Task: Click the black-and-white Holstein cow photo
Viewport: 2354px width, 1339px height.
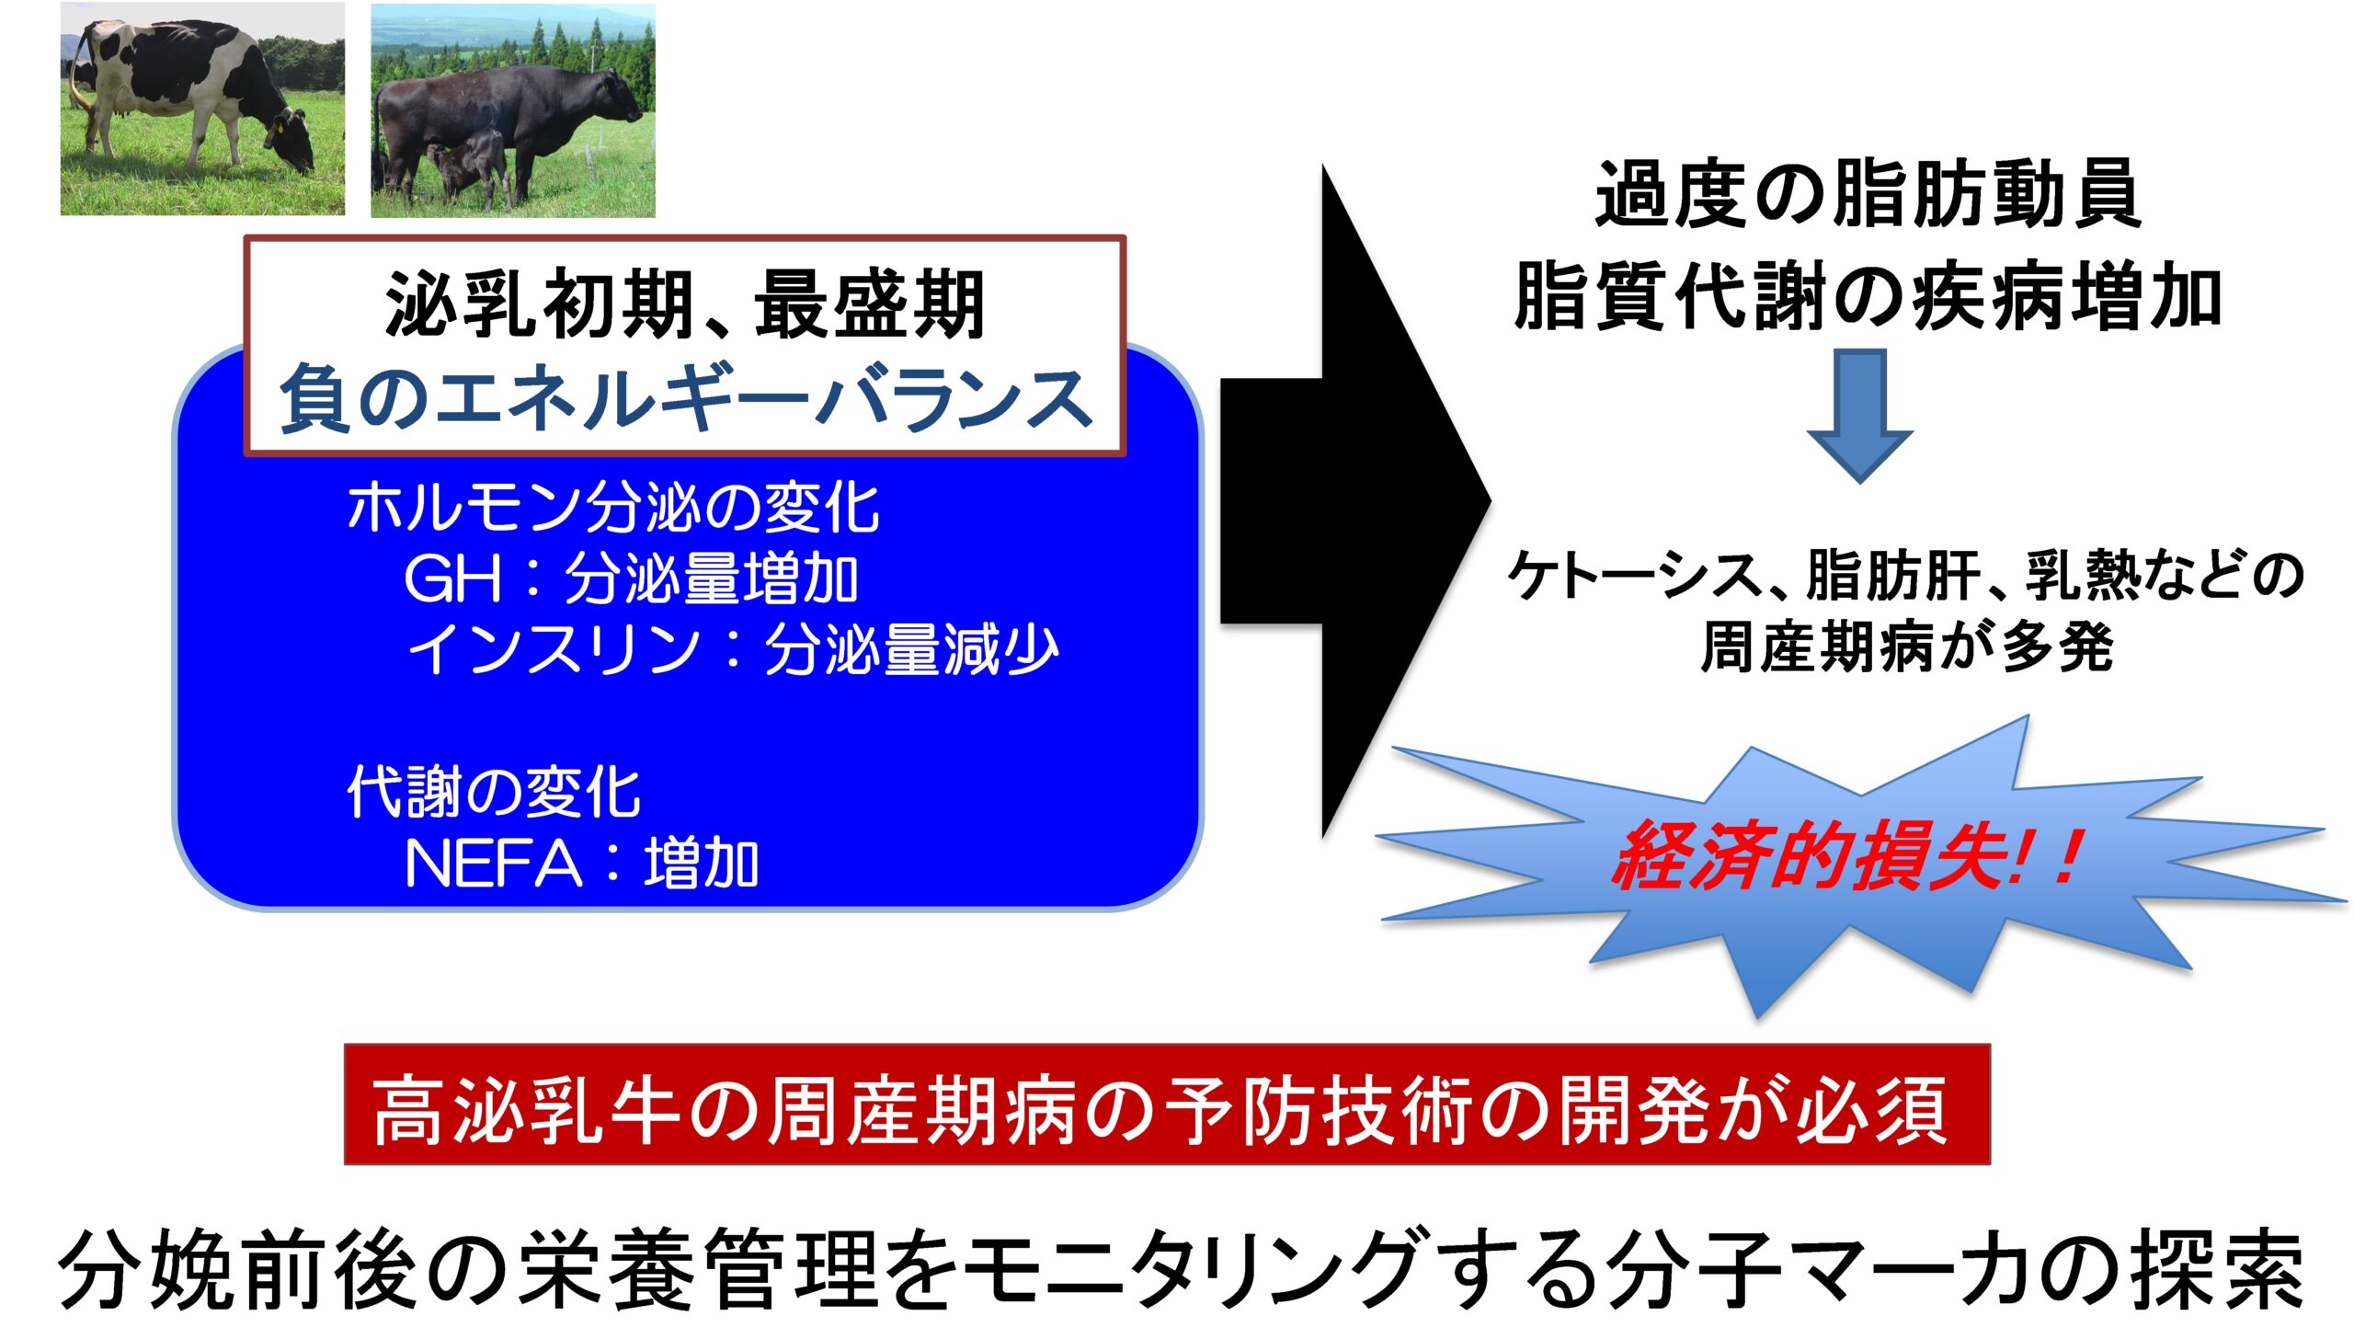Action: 202,109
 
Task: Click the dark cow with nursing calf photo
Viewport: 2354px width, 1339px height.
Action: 513,110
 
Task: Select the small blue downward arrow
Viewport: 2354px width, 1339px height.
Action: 1860,416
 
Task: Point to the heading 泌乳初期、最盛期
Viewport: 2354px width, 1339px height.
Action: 685,304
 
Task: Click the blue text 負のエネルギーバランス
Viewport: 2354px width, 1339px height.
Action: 685,398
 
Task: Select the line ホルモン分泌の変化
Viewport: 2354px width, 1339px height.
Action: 612,507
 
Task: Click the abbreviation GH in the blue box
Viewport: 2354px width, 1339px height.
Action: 454,578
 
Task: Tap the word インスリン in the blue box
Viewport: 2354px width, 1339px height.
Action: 555,649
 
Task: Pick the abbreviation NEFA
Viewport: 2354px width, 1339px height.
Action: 494,864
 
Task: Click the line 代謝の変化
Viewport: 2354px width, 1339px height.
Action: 493,792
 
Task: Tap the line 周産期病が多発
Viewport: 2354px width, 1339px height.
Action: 1906,647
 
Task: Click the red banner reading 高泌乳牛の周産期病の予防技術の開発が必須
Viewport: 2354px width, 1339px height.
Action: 1167,1104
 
